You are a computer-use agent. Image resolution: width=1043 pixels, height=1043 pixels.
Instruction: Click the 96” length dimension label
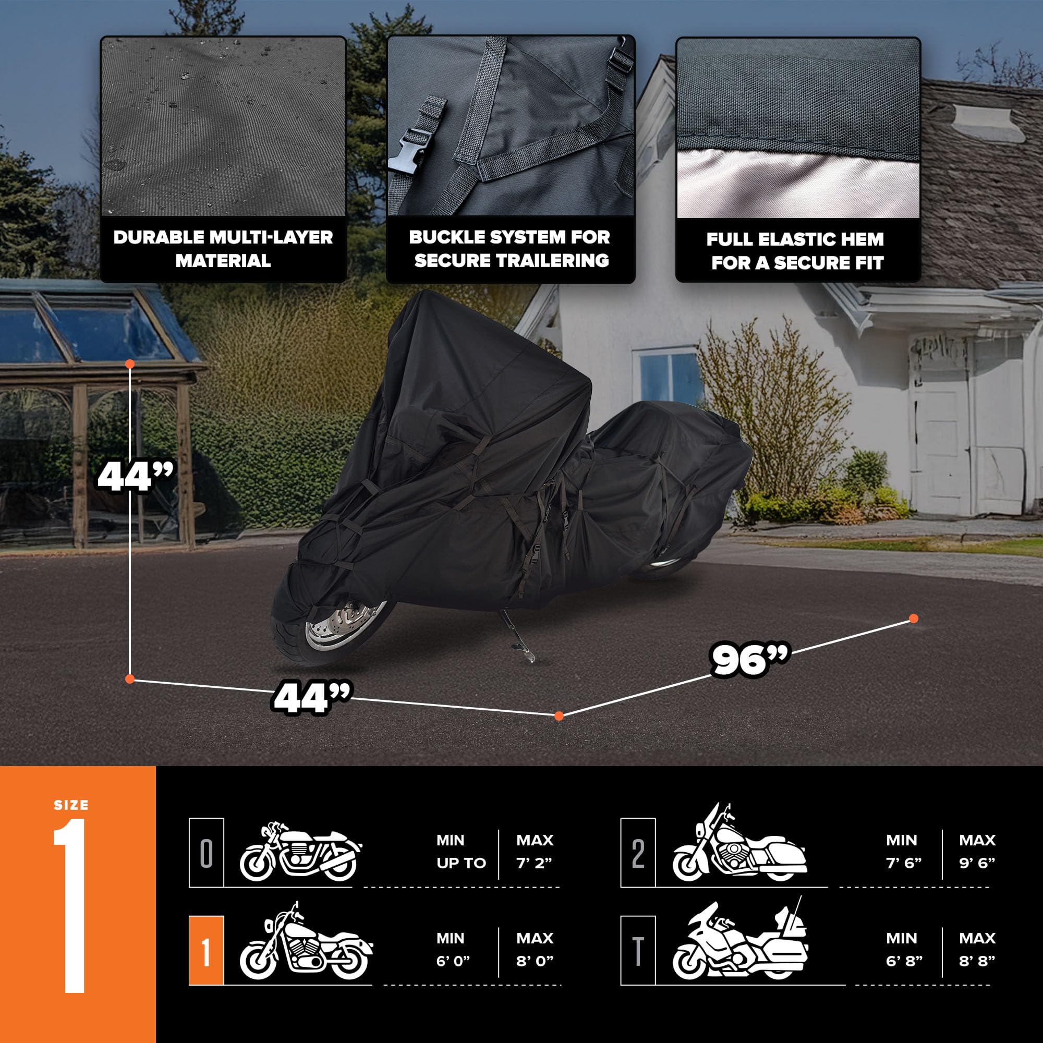[750, 659]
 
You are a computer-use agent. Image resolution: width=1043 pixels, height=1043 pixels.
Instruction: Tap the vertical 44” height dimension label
[136, 477]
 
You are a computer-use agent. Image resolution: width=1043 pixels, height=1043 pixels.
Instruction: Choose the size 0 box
[206, 853]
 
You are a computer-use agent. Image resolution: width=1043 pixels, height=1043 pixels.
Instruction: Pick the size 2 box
[638, 853]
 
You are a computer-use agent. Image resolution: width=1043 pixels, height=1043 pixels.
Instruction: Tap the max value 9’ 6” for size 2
[977, 863]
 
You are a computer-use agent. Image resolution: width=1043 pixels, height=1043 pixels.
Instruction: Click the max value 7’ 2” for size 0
[534, 863]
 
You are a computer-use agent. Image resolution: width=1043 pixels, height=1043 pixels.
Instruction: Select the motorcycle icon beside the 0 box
[300, 853]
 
